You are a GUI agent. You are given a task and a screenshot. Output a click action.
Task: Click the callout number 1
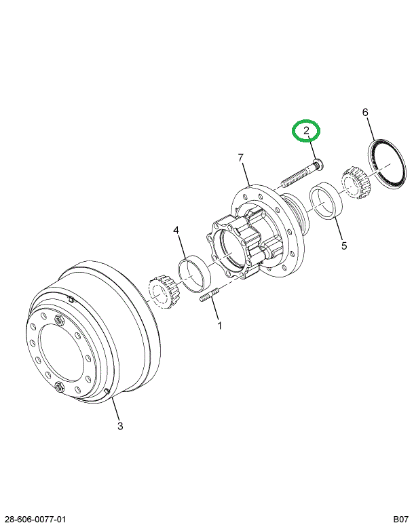tap(219, 326)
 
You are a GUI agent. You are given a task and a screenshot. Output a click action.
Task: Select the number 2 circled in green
tap(306, 131)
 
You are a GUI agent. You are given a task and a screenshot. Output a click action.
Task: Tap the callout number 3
tap(120, 426)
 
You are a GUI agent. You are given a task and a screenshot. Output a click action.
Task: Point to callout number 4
tap(176, 231)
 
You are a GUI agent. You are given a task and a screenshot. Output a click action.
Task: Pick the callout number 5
tap(344, 246)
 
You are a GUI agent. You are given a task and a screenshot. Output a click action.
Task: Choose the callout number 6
tap(365, 112)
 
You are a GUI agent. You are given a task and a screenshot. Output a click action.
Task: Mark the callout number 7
tap(241, 158)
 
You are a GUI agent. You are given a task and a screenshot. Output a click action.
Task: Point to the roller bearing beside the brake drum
tap(161, 292)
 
